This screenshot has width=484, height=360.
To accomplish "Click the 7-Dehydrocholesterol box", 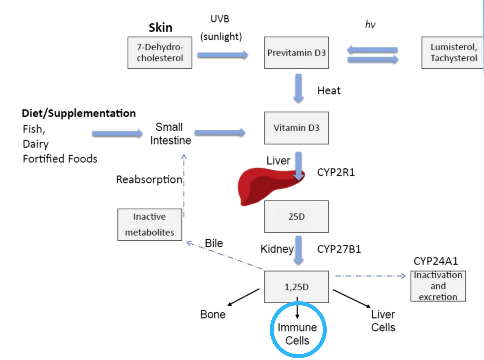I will click(x=160, y=53).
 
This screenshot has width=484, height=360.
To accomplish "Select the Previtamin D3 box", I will click(x=296, y=53).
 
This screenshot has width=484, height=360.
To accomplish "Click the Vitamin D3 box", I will click(x=296, y=128).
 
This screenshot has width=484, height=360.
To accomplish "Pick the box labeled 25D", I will click(x=296, y=217).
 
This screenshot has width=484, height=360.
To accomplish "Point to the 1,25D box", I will click(x=296, y=287).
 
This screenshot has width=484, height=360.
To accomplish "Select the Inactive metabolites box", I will click(x=150, y=225).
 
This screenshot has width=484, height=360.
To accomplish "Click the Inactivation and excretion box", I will click(x=438, y=286).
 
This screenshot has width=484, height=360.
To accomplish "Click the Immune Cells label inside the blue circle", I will click(x=297, y=334).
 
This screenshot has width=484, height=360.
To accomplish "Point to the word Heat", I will click(x=329, y=91).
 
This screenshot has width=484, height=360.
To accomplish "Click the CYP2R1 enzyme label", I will click(x=336, y=172).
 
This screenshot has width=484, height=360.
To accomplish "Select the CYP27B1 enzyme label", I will click(x=339, y=249).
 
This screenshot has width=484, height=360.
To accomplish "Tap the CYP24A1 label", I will click(x=436, y=261).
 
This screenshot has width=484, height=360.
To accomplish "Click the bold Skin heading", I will click(x=160, y=28).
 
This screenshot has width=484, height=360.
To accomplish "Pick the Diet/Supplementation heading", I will click(x=79, y=113).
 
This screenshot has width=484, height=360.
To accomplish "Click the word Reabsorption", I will click(x=149, y=179).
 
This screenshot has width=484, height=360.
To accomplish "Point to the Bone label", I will click(x=213, y=315).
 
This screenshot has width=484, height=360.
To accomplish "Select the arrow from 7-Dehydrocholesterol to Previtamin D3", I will click(x=222, y=55).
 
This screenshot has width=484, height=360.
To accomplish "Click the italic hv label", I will click(x=370, y=25).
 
